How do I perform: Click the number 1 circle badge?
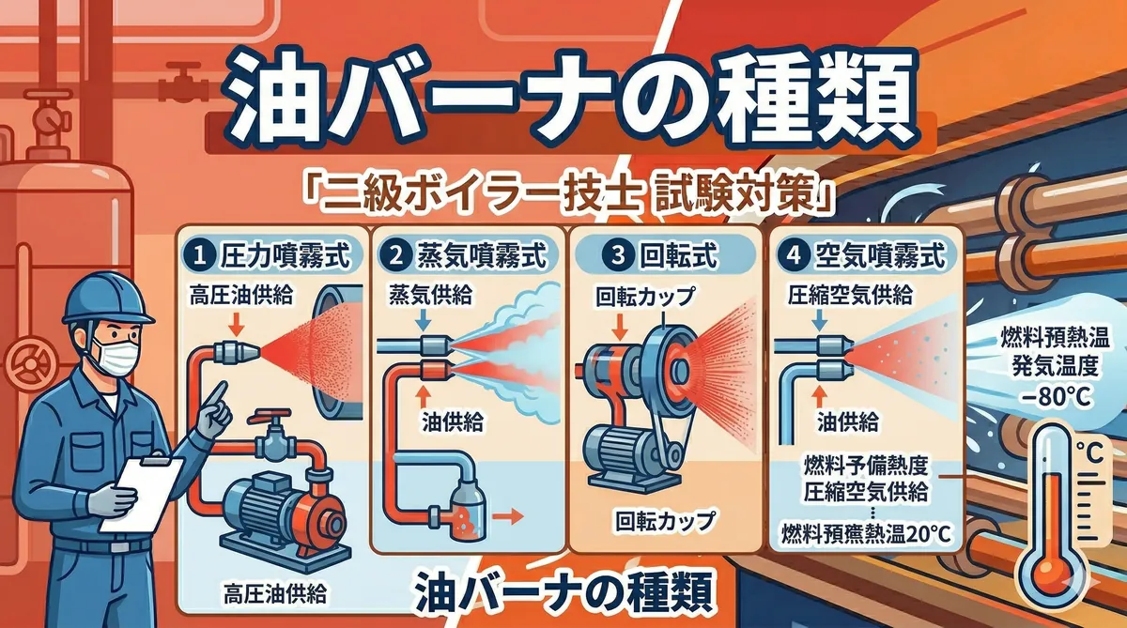pos(200,256)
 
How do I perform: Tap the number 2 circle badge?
pos(396,256)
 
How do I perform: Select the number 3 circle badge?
pos(618,256)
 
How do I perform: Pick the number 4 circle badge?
pos(793,256)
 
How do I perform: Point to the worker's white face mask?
pos(116,354)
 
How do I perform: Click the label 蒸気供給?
pos(430,295)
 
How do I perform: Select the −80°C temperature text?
pos(1057,397)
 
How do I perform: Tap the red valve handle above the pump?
pos(270,415)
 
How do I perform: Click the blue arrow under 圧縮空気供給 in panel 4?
pos(820,320)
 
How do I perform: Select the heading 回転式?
pos(678,256)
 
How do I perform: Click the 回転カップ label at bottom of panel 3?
pos(665,521)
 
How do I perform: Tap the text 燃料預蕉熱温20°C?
pos(866,534)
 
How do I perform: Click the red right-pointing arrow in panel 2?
pos(508,516)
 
